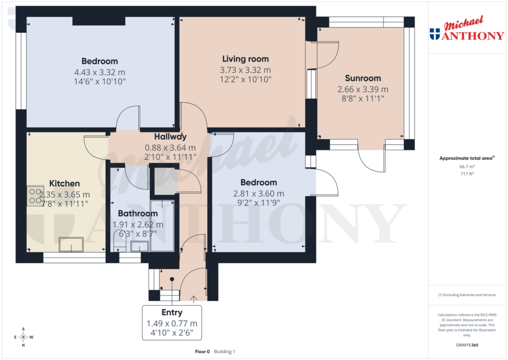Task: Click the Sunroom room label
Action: pos(363,78)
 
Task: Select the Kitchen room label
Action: pos(64,184)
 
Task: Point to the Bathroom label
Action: pos(137,214)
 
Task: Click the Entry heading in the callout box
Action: pos(172,312)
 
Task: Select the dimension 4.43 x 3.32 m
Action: pos(100,72)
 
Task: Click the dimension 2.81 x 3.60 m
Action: pos(258,193)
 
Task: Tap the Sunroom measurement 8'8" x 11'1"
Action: pos(363,99)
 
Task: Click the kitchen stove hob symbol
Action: pos(35,195)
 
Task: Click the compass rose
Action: pos(24,337)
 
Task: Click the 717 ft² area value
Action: pos(468,174)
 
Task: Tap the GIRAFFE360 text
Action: pos(468,345)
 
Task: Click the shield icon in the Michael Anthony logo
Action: pos(435,34)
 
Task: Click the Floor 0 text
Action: pos(202,352)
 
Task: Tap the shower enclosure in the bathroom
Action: pos(162,226)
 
